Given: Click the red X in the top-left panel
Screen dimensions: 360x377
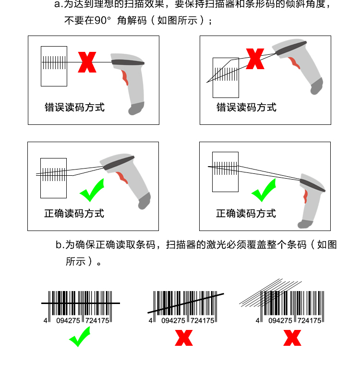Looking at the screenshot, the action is point(87,62).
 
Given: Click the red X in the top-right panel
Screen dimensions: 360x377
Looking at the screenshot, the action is point(255,59).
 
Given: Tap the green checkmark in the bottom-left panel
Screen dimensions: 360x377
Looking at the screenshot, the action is point(92,190).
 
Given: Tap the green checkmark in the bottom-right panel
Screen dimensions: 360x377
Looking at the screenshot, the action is point(264,190).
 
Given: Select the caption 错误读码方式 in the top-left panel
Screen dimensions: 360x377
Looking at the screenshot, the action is point(74,107).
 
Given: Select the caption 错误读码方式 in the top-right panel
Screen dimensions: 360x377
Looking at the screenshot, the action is point(246,107).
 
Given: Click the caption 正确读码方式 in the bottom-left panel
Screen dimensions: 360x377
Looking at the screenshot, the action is point(74,214).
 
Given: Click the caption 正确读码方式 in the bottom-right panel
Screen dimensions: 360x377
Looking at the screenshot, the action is point(246,214).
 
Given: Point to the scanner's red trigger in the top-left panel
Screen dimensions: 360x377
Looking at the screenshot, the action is point(125,77).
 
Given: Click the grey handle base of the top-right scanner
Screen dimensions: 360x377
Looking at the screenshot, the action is point(316,86).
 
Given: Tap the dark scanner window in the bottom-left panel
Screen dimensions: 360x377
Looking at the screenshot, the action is point(119,163).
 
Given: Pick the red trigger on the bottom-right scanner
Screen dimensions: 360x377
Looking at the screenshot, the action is point(305,196).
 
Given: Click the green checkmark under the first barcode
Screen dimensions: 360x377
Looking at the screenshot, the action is point(80,337).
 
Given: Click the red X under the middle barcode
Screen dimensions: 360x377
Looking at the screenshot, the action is point(184,338).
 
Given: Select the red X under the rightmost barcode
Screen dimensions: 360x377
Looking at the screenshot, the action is point(292,338).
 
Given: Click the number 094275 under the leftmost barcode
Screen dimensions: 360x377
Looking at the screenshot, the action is point(68,321).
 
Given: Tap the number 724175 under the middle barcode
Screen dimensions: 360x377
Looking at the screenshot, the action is point(202,321).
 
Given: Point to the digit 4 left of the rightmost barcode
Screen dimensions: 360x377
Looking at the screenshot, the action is point(258,320).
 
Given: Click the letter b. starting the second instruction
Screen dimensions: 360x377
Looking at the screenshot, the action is point(60,245).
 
